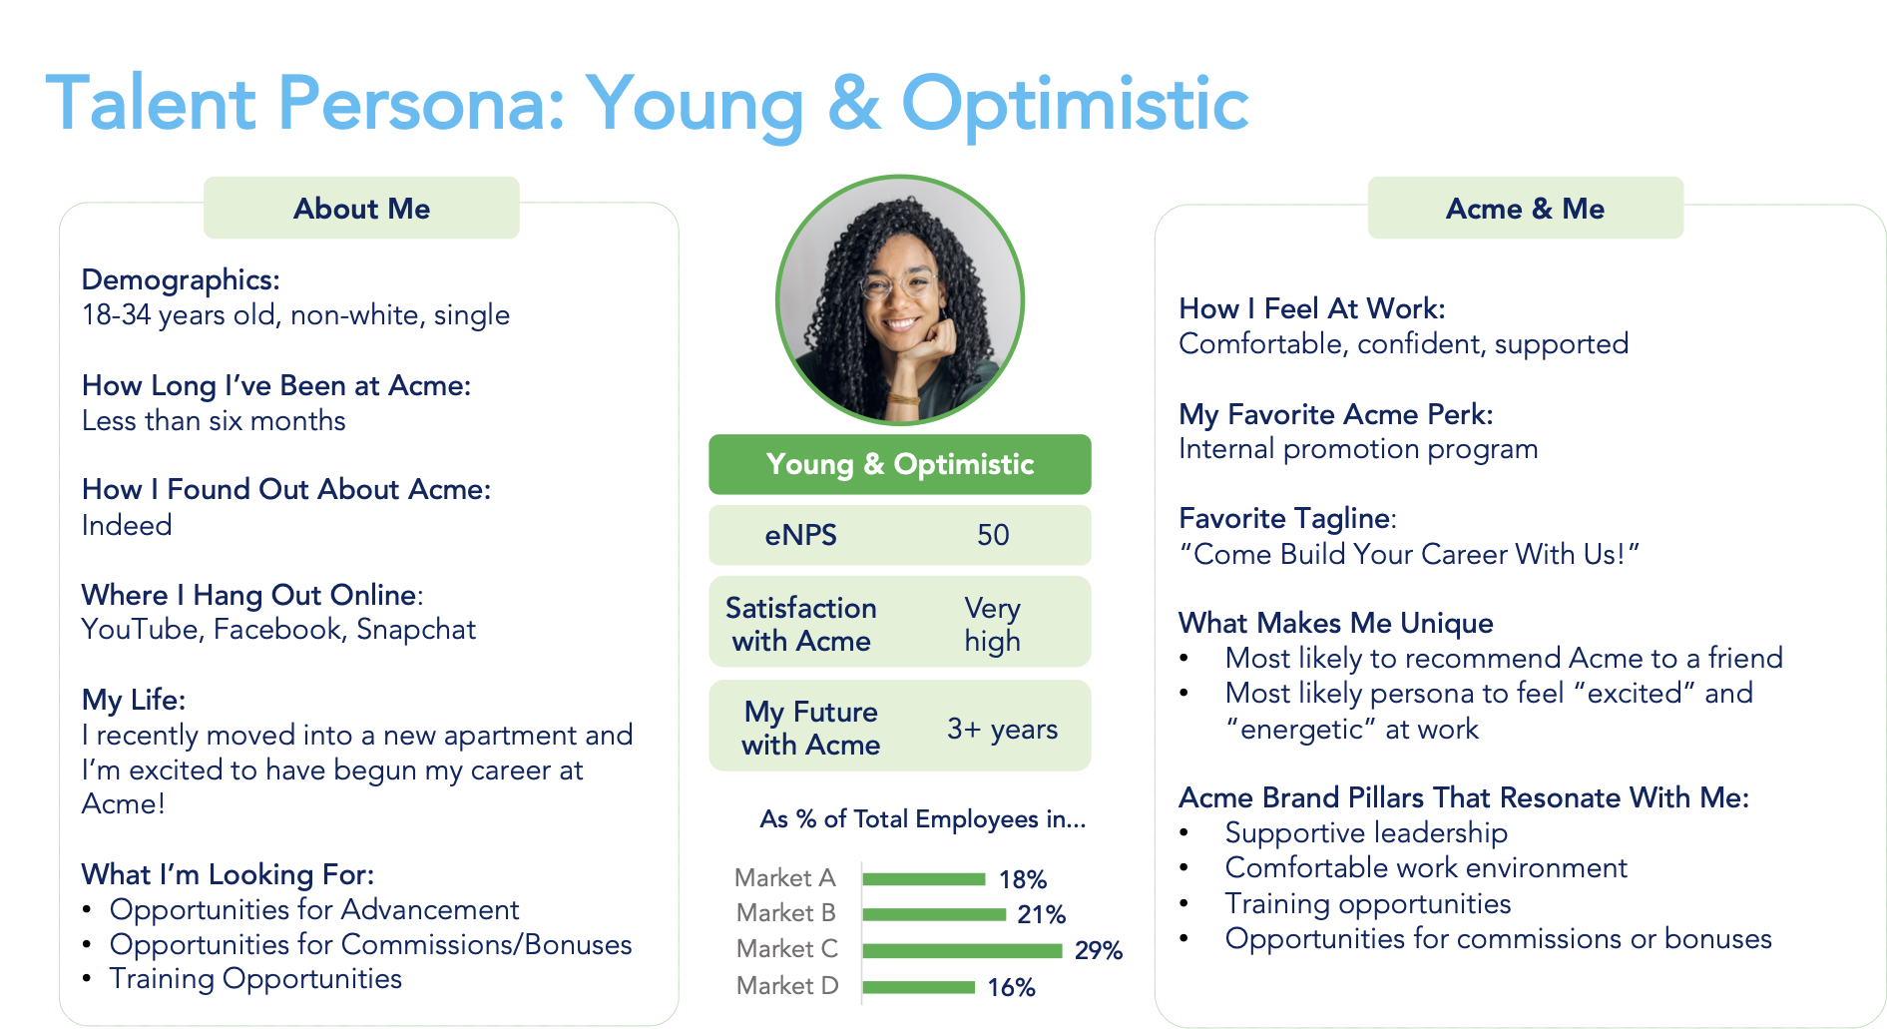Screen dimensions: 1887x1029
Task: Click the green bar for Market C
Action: pyautogui.click(x=962, y=950)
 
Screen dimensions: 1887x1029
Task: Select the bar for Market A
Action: pyautogui.click(x=924, y=879)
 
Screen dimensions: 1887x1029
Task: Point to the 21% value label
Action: pyautogui.click(x=1041, y=914)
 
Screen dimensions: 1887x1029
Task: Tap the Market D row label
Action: pyautogui.click(x=786, y=986)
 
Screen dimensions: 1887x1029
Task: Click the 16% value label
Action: pyautogui.click(x=1011, y=987)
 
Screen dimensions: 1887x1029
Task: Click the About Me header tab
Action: pyautogui.click(x=361, y=208)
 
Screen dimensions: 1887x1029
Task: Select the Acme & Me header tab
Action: pyautogui.click(x=1525, y=208)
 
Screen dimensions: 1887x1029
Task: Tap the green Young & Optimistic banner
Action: pyautogui.click(x=900, y=464)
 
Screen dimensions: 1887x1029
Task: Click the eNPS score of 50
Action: pyautogui.click(x=993, y=535)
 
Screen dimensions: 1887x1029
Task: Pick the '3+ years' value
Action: pyautogui.click(x=1002, y=729)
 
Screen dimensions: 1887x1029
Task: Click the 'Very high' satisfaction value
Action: pyautogui.click(x=992, y=624)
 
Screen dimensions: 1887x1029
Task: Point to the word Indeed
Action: pyautogui.click(x=127, y=525)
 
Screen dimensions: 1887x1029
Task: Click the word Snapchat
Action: pyautogui.click(x=416, y=630)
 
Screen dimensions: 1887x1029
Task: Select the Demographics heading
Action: pyautogui.click(x=181, y=280)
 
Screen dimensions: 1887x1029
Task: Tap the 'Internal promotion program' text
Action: pyautogui.click(x=1358, y=449)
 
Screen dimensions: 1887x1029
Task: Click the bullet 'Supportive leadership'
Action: pyautogui.click(x=1366, y=832)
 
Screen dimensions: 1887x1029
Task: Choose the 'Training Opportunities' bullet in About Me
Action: pyautogui.click(x=255, y=979)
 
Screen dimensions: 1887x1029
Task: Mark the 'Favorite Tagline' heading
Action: pyautogui.click(x=1285, y=519)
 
